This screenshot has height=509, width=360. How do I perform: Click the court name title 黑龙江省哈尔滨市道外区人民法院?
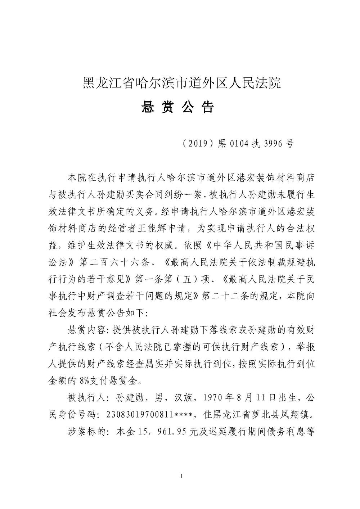(x=181, y=84)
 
